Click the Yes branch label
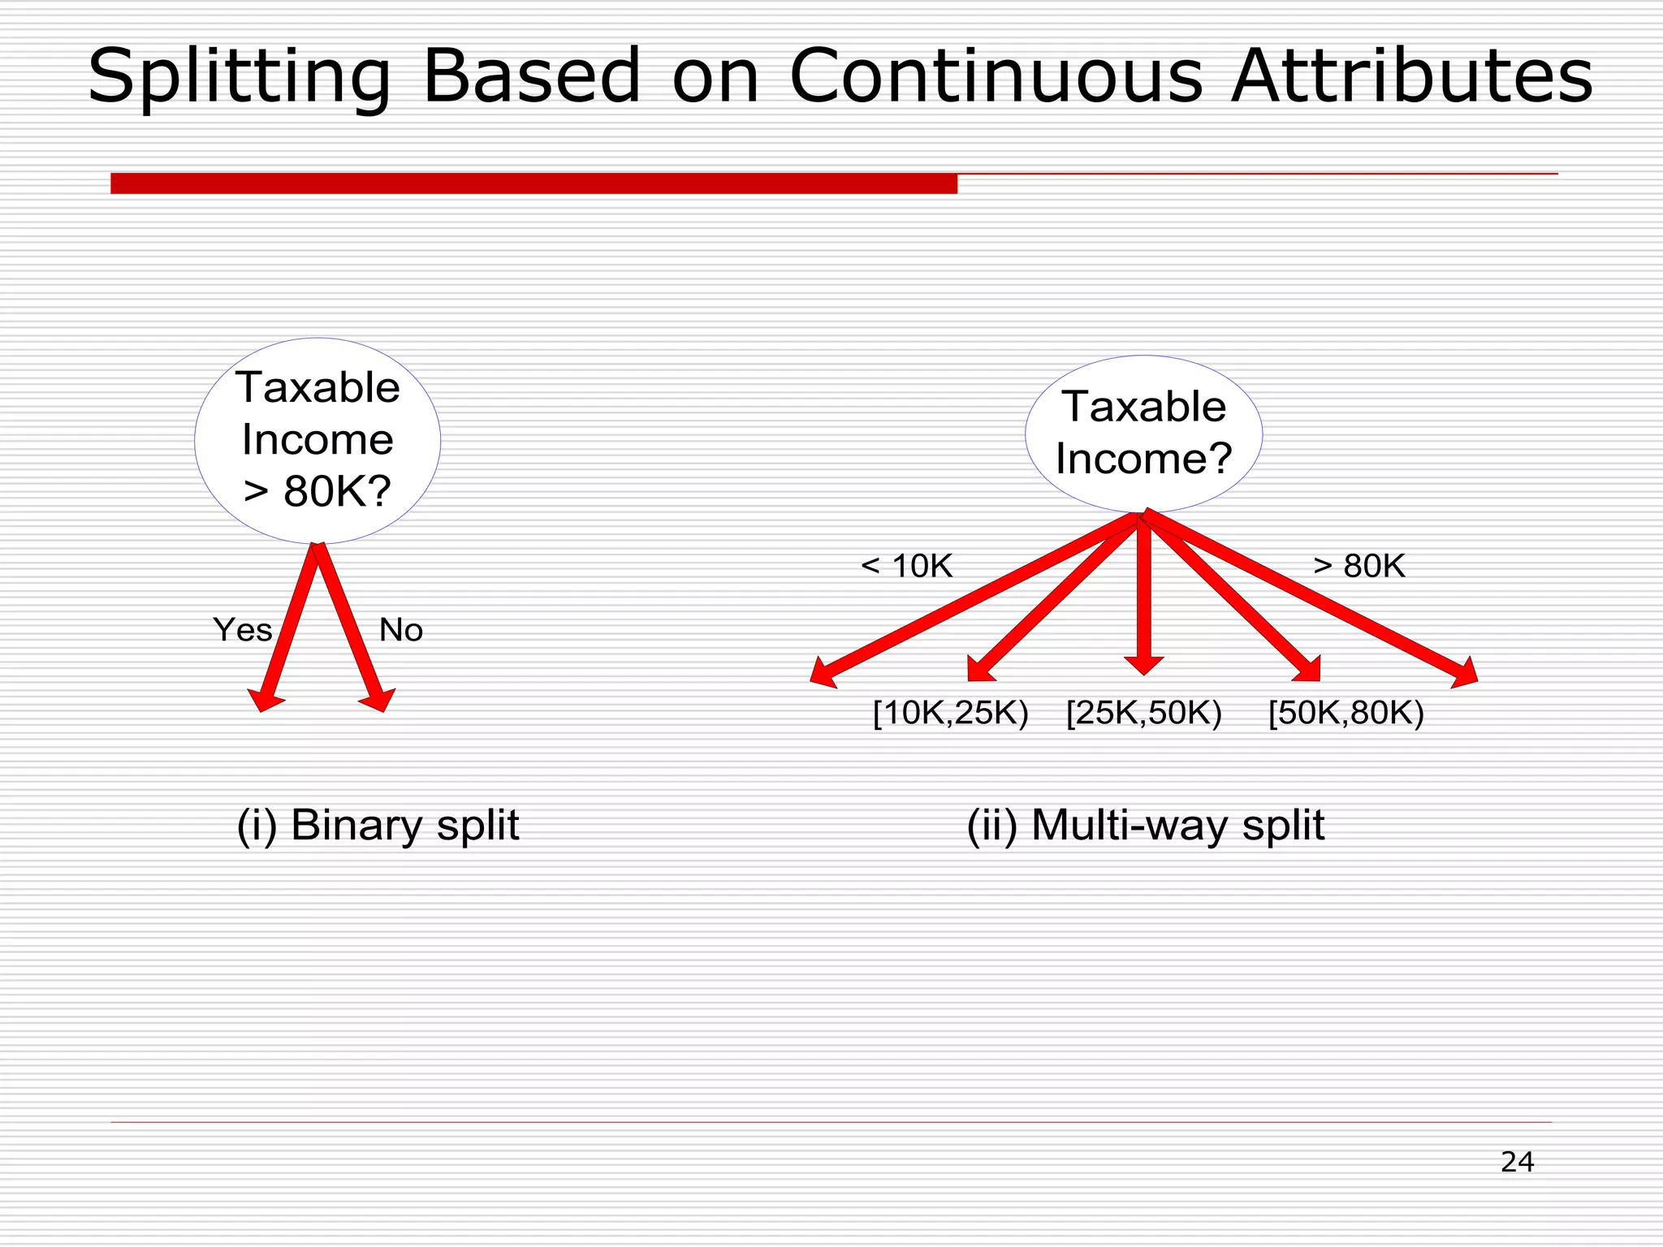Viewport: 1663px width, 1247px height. [x=242, y=630]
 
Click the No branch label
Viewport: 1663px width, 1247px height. [x=401, y=630]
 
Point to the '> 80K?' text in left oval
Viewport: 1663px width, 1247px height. [x=317, y=491]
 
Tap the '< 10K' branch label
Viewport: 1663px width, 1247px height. [x=906, y=566]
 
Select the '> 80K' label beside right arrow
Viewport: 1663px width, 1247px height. [x=1358, y=566]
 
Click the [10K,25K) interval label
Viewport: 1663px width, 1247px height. [x=950, y=713]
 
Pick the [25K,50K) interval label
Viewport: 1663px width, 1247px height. [x=1143, y=713]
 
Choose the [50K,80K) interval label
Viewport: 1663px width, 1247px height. [x=1346, y=713]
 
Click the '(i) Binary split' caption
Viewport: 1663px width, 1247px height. [x=378, y=826]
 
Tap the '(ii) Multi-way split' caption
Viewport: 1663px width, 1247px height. [x=1145, y=826]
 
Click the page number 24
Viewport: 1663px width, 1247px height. [x=1517, y=1162]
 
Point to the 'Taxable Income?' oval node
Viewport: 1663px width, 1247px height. [x=1143, y=433]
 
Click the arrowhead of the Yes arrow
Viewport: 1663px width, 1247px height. [x=265, y=700]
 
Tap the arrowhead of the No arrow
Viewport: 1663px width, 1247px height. [x=379, y=700]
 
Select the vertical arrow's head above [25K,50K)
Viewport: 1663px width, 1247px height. [x=1144, y=665]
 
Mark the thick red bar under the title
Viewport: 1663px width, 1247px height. [x=533, y=183]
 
